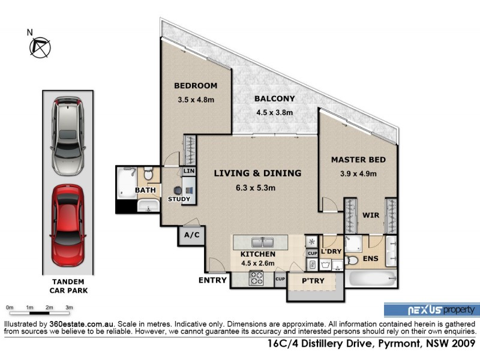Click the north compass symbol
tap(41, 46)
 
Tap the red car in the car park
tap(67, 225)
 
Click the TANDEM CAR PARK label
tap(67, 286)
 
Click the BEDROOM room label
tap(196, 86)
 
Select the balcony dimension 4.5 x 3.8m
tap(274, 112)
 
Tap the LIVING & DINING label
tap(257, 173)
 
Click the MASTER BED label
tap(358, 160)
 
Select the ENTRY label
tap(213, 280)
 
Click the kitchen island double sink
tap(262, 243)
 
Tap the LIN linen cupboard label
tap(189, 172)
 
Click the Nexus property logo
tap(431, 310)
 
